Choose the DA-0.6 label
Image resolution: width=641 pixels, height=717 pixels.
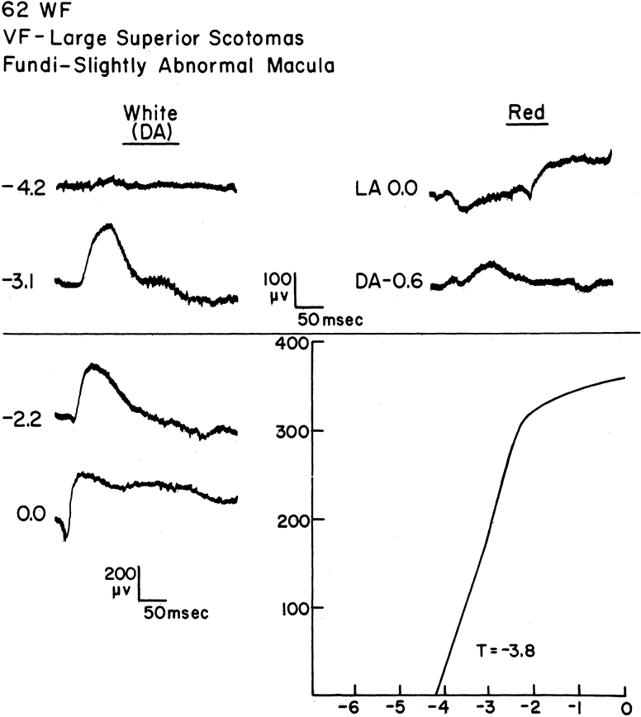pyautogui.click(x=388, y=283)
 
